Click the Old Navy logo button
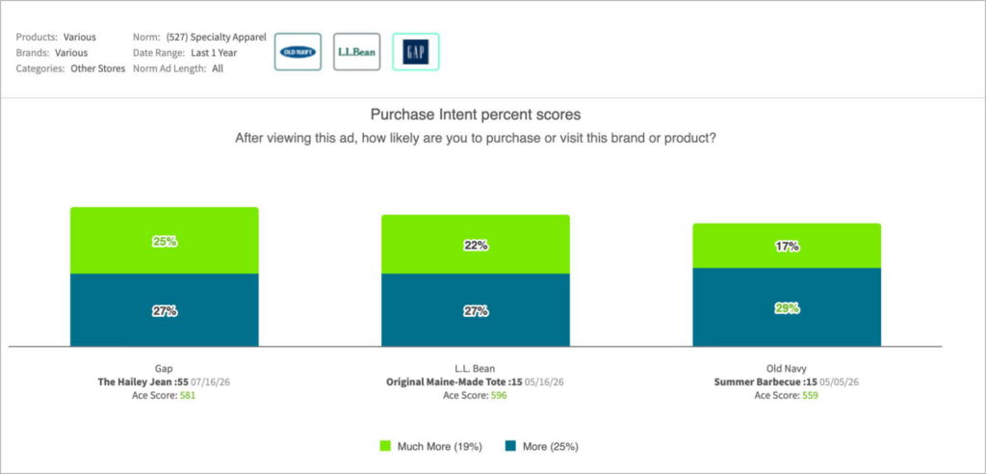coord(298,52)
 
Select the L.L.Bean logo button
coord(356,52)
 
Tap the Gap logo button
coord(416,52)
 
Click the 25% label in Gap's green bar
coord(164,241)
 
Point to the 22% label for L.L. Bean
coord(476,246)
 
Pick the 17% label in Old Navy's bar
coord(787,247)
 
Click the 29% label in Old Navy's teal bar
coord(787,308)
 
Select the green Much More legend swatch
coord(385,446)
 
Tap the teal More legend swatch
coord(510,446)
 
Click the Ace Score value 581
coord(188,396)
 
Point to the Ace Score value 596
coord(499,396)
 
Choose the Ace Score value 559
coord(810,396)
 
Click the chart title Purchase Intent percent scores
coord(476,116)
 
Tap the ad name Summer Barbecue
coord(754,382)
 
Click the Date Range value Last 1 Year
coord(214,53)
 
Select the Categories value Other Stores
coord(98,68)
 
